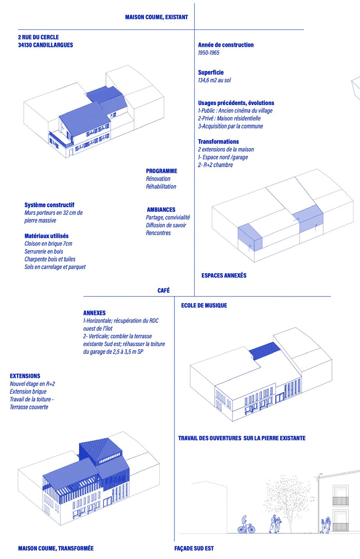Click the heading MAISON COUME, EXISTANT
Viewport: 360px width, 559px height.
(x=156, y=17)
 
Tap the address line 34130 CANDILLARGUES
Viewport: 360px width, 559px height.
(x=45, y=45)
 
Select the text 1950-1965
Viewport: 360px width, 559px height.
(x=208, y=53)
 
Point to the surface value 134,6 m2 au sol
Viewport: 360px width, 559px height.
(x=214, y=80)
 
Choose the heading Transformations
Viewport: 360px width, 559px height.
(x=218, y=141)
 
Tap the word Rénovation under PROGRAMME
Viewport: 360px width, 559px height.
(x=158, y=179)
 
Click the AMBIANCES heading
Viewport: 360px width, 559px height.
(x=161, y=209)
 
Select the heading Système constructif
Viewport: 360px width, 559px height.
(x=49, y=205)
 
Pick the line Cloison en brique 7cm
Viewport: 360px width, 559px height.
(x=48, y=243)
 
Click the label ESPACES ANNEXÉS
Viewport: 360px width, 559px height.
(x=224, y=275)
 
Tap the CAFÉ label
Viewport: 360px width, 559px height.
(x=164, y=291)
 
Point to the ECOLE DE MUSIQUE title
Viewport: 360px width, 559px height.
(x=204, y=305)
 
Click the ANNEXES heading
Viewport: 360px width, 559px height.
(x=94, y=313)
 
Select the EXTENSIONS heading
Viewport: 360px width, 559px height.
(x=25, y=376)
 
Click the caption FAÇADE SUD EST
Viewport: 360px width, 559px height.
(x=194, y=548)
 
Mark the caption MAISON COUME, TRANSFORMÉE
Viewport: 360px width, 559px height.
(x=56, y=548)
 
